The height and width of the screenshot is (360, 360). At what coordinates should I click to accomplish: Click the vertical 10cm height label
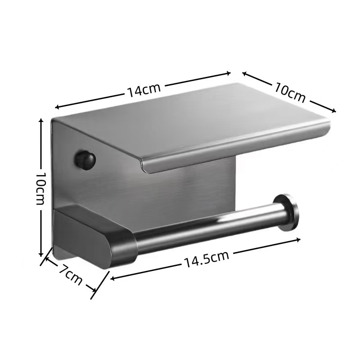pos(40,188)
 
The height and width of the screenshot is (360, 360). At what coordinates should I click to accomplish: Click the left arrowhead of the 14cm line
pos(57,107)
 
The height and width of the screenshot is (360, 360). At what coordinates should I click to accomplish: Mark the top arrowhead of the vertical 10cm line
pos(41,121)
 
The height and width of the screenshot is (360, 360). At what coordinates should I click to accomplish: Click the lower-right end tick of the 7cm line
pos(94,292)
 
